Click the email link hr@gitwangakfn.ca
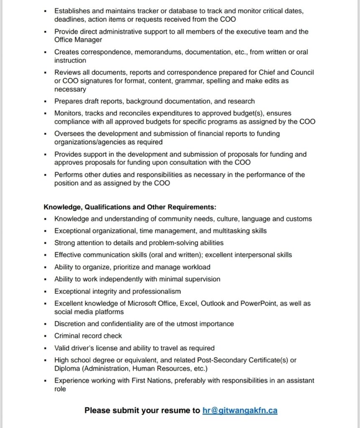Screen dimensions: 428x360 (240, 410)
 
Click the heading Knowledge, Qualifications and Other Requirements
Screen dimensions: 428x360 (130, 207)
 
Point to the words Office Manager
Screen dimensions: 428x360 (78, 40)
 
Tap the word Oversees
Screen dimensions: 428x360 (69, 134)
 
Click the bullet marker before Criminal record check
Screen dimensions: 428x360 (46, 336)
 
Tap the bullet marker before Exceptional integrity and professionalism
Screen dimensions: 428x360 (46, 292)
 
